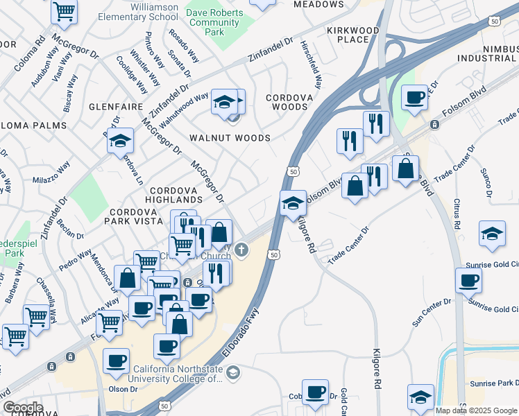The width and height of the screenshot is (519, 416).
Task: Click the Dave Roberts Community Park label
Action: [x=214, y=22]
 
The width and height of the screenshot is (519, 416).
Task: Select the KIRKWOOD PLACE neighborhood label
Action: [x=353, y=35]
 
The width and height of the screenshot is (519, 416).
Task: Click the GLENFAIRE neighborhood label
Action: [x=115, y=107]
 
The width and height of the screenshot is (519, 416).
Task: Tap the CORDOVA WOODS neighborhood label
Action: [x=289, y=103]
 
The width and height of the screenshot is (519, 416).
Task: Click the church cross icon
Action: [x=241, y=250]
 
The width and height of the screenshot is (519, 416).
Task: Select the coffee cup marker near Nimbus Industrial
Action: [x=415, y=98]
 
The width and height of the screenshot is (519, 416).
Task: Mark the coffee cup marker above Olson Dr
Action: [x=116, y=360]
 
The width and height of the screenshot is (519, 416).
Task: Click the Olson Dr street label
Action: [x=123, y=389]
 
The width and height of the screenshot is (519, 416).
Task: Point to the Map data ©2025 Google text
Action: [x=475, y=410]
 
